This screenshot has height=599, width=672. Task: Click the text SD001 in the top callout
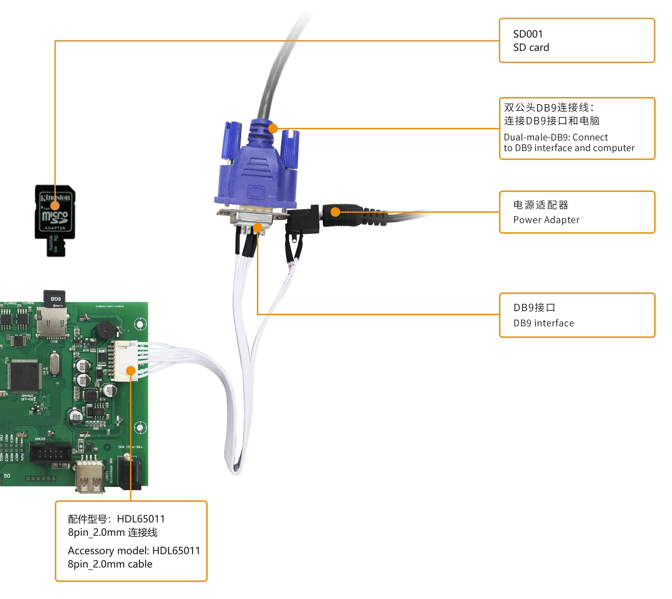528,34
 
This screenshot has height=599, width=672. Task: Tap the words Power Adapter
546,220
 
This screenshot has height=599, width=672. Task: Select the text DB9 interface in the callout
544,323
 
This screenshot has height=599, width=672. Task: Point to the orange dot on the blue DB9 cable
273,128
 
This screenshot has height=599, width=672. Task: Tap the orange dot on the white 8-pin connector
131,371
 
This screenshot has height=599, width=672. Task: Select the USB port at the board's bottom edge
89,476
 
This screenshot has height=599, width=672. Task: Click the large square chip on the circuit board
24,375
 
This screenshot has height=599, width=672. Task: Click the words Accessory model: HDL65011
134,551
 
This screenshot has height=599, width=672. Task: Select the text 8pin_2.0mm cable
110,564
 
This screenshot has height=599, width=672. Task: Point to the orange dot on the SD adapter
55,206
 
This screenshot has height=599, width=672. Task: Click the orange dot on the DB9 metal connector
258,227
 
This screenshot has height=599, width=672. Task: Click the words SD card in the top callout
531,47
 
